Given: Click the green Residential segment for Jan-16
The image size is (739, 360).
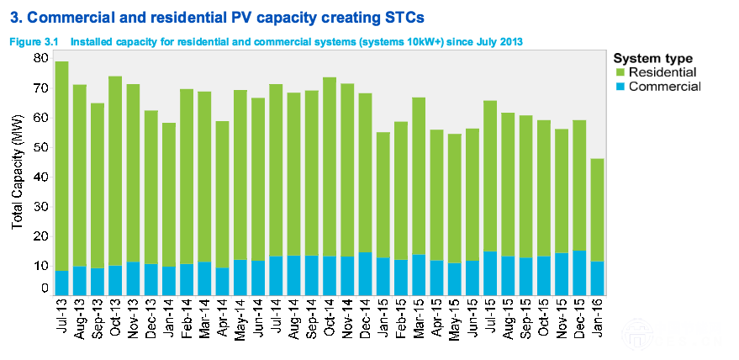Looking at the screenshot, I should tap(597, 209).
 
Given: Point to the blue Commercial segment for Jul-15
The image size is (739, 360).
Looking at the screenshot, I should tap(490, 273).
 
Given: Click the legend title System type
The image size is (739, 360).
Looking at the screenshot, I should tap(653, 59).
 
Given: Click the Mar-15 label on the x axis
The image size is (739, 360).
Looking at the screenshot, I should tap(419, 318).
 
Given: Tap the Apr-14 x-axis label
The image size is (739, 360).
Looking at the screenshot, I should tap(223, 318).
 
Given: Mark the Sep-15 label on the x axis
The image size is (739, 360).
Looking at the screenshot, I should tap(525, 318).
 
